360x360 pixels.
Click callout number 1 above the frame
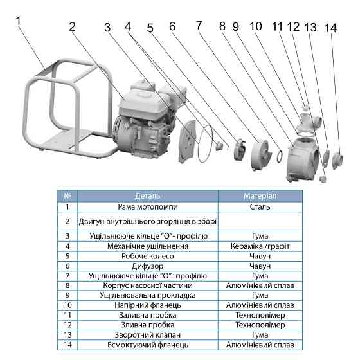tap(19, 21)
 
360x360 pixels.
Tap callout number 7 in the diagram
tap(199, 25)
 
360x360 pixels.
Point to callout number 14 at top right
tap(330, 28)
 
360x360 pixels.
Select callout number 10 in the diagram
tap(256, 26)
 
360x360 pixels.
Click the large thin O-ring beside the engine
tap(206, 143)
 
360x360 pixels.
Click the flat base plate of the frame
tap(69, 141)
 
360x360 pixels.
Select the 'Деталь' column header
tap(148, 196)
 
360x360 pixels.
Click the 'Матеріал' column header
tap(260, 196)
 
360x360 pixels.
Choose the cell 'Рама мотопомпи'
tap(148, 207)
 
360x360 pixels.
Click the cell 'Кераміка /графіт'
tap(260, 246)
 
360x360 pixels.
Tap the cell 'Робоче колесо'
tap(148, 256)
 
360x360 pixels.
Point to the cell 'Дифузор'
tap(148, 266)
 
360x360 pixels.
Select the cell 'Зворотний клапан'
tap(148, 335)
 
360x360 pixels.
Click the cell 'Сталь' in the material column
tap(260, 207)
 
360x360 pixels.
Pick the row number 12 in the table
tap(67, 325)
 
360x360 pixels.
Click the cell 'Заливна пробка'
tap(148, 315)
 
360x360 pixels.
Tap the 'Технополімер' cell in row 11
tap(260, 315)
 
